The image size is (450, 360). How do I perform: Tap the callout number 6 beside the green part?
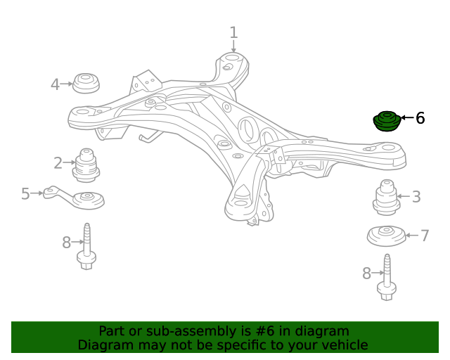(420, 118)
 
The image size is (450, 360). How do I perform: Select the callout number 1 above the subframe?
(233, 32)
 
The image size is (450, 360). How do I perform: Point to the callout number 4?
(55, 85)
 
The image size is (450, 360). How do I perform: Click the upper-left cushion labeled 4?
(86, 82)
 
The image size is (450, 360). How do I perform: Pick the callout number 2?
(58, 163)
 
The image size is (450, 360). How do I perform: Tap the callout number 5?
(25, 193)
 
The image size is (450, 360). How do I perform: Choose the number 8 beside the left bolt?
(66, 243)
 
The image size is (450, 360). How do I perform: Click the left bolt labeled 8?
(86, 245)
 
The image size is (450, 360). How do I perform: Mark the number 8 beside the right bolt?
(366, 274)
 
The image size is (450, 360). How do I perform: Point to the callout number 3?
(416, 197)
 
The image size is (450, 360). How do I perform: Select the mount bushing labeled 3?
(385, 198)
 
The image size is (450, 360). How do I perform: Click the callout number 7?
(425, 236)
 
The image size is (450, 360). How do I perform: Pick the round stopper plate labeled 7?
(387, 235)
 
